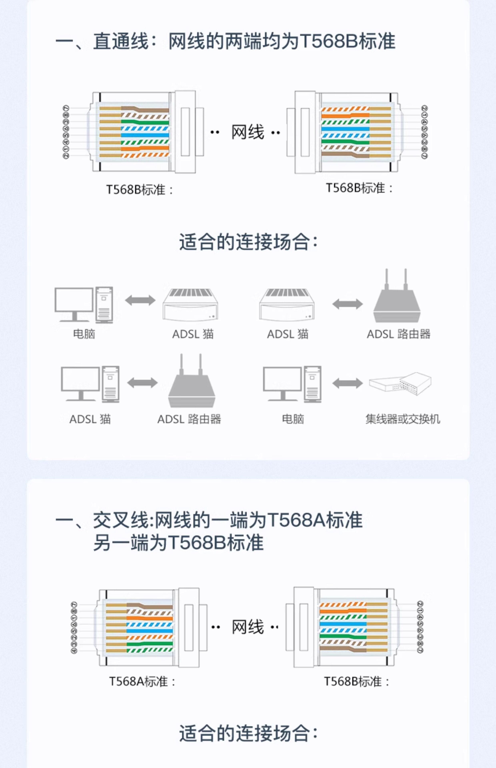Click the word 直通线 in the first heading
(x=121, y=42)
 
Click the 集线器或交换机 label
(x=403, y=419)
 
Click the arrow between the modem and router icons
(x=347, y=304)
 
